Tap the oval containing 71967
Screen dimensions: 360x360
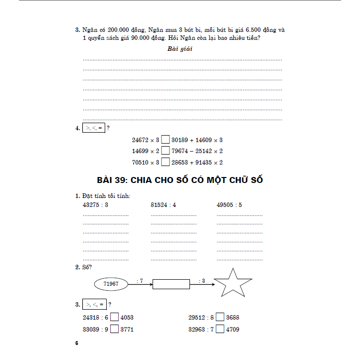[111, 284]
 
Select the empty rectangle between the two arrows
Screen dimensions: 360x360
[171, 284]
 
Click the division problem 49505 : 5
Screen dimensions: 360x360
[229, 205]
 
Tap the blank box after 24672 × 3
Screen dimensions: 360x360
[166, 140]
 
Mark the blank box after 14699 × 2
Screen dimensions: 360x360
[166, 151]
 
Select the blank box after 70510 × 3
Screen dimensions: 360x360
[166, 162]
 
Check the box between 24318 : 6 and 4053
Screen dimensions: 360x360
[114, 317]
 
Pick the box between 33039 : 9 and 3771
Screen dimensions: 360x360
[114, 329]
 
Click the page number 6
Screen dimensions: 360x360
[77, 344]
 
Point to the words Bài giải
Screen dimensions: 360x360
[180, 49]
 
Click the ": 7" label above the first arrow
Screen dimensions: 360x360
[140, 281]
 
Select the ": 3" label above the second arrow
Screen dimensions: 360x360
[201, 281]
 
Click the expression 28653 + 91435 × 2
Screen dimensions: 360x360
[197, 162]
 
